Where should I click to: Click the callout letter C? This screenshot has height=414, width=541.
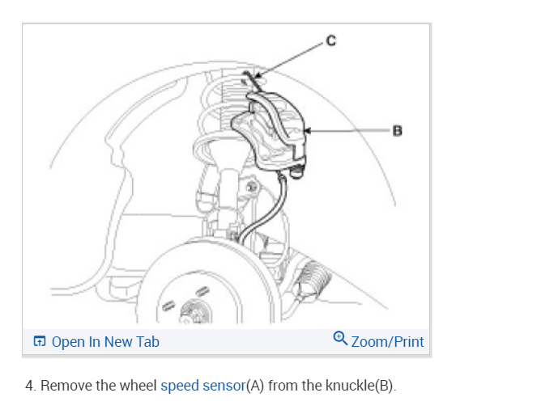coord(329,38)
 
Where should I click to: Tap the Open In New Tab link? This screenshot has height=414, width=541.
coord(105,341)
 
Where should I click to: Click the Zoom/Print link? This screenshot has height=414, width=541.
coord(387,341)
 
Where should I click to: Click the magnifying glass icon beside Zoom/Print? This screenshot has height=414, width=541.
coord(341,340)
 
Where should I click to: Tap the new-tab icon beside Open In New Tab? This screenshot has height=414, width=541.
coord(40,342)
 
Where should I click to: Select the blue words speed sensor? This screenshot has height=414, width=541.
coord(202,386)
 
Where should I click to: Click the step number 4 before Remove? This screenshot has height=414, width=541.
coord(29,386)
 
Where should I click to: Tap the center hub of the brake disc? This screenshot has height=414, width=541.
coord(195,311)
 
